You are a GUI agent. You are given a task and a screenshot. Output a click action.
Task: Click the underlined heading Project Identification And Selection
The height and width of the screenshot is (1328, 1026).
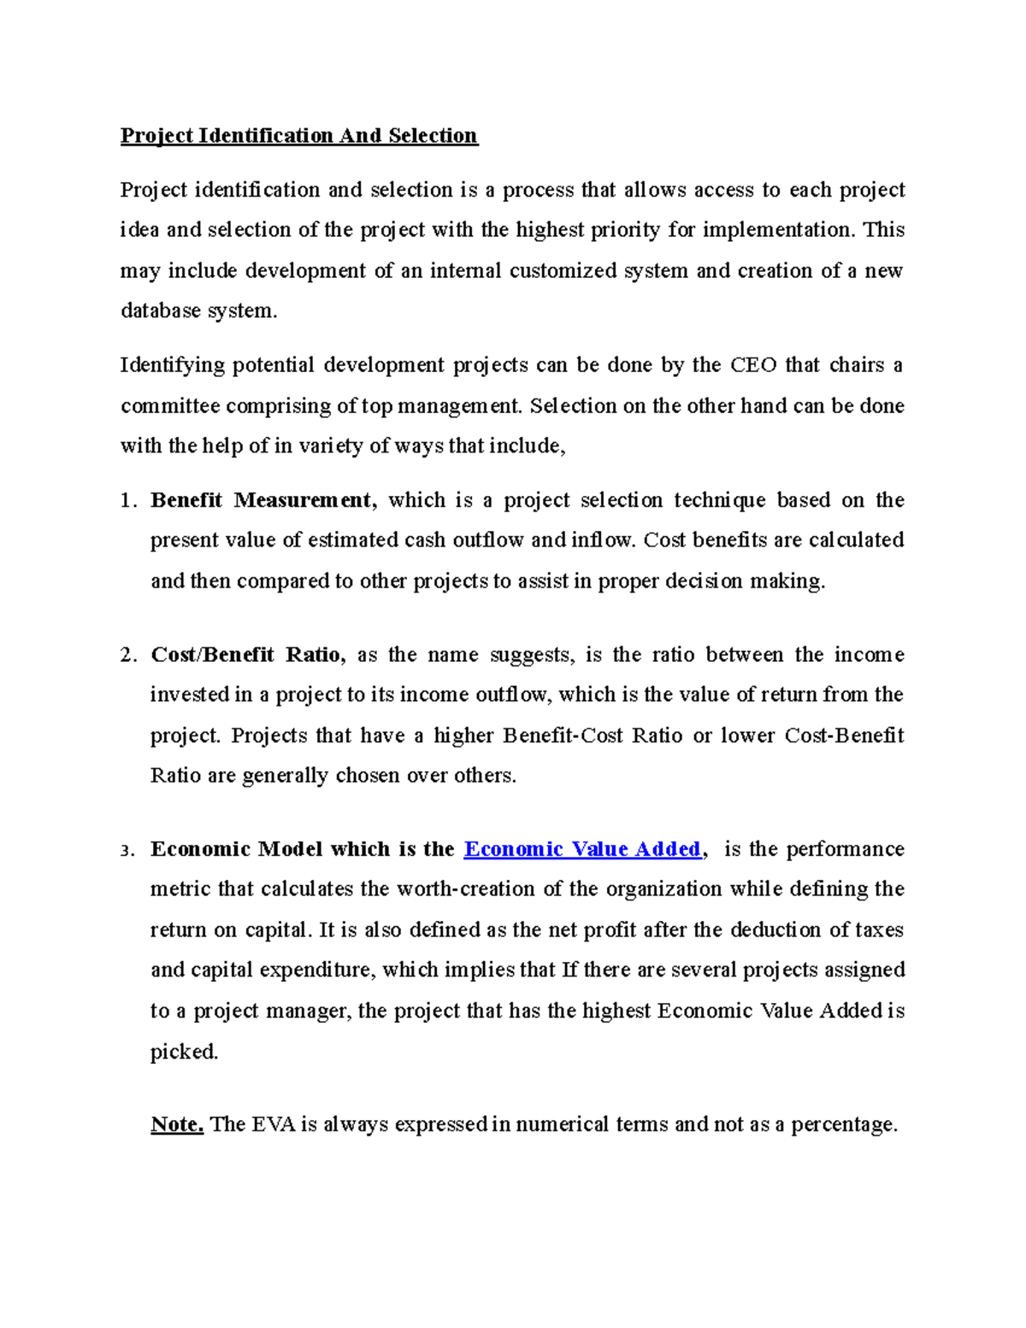pyautogui.click(x=298, y=135)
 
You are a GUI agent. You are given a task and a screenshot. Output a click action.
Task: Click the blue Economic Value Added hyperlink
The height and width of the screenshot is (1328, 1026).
pyautogui.click(x=582, y=849)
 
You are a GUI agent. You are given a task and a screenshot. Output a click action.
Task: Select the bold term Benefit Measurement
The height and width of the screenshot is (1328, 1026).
pyautogui.click(x=262, y=500)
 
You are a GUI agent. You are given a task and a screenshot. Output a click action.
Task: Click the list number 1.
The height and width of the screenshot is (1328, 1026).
pyautogui.click(x=127, y=501)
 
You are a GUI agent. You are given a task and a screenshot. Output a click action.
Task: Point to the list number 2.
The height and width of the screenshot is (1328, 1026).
pyautogui.click(x=127, y=656)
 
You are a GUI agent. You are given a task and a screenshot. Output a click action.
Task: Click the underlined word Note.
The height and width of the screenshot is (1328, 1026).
pyautogui.click(x=177, y=1124)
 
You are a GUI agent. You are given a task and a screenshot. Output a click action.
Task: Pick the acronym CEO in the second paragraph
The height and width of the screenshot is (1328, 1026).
pyautogui.click(x=753, y=365)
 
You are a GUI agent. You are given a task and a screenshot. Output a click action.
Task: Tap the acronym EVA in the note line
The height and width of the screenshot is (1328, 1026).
pyautogui.click(x=274, y=1124)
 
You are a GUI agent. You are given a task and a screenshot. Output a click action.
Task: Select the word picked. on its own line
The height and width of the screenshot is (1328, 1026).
pyautogui.click(x=184, y=1052)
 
